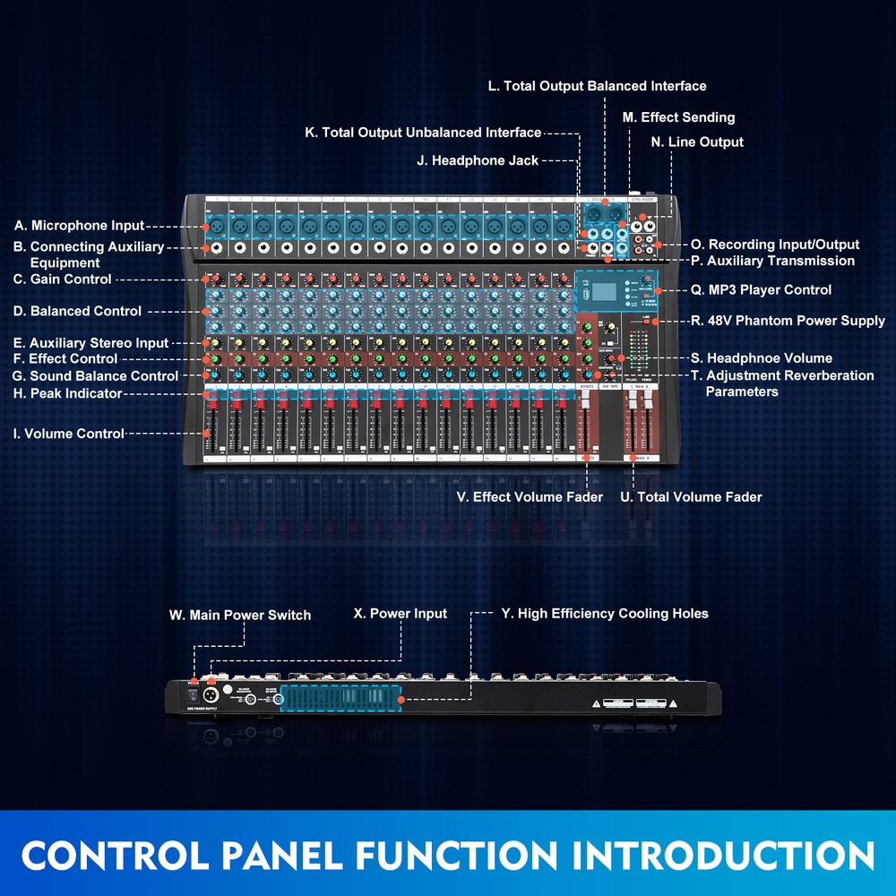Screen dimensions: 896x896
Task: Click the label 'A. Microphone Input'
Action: tap(79, 226)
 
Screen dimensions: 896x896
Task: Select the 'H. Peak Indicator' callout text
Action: tap(67, 393)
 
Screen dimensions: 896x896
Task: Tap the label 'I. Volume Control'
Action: tap(68, 434)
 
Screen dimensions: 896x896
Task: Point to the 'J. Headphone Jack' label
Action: tap(478, 160)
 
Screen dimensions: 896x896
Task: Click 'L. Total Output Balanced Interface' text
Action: tap(597, 86)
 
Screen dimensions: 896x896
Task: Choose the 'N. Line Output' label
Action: tap(697, 142)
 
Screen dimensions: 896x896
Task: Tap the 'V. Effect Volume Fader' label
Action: tap(530, 496)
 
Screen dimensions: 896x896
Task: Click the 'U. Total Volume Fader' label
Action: tap(691, 496)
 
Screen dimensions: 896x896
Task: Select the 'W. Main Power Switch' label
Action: tap(240, 615)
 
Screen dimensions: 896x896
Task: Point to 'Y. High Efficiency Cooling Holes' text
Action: tap(605, 614)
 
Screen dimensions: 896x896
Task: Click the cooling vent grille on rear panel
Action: tap(340, 698)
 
